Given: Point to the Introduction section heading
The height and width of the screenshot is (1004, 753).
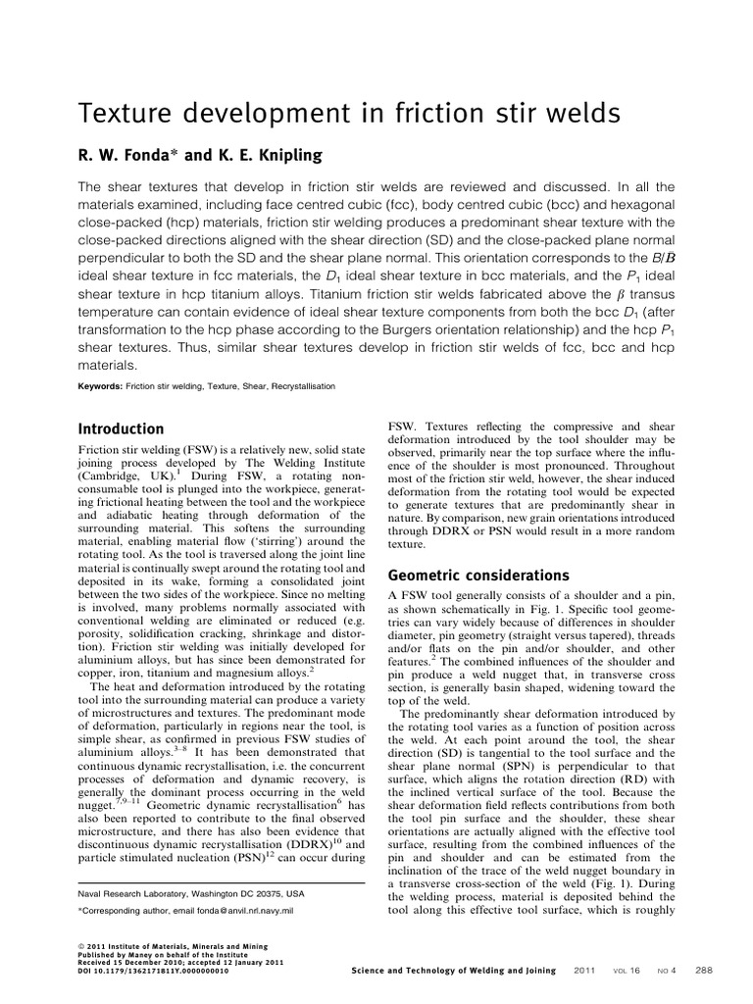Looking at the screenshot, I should (x=121, y=428).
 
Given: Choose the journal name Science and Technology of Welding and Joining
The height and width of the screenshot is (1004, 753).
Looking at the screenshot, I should (x=453, y=971).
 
